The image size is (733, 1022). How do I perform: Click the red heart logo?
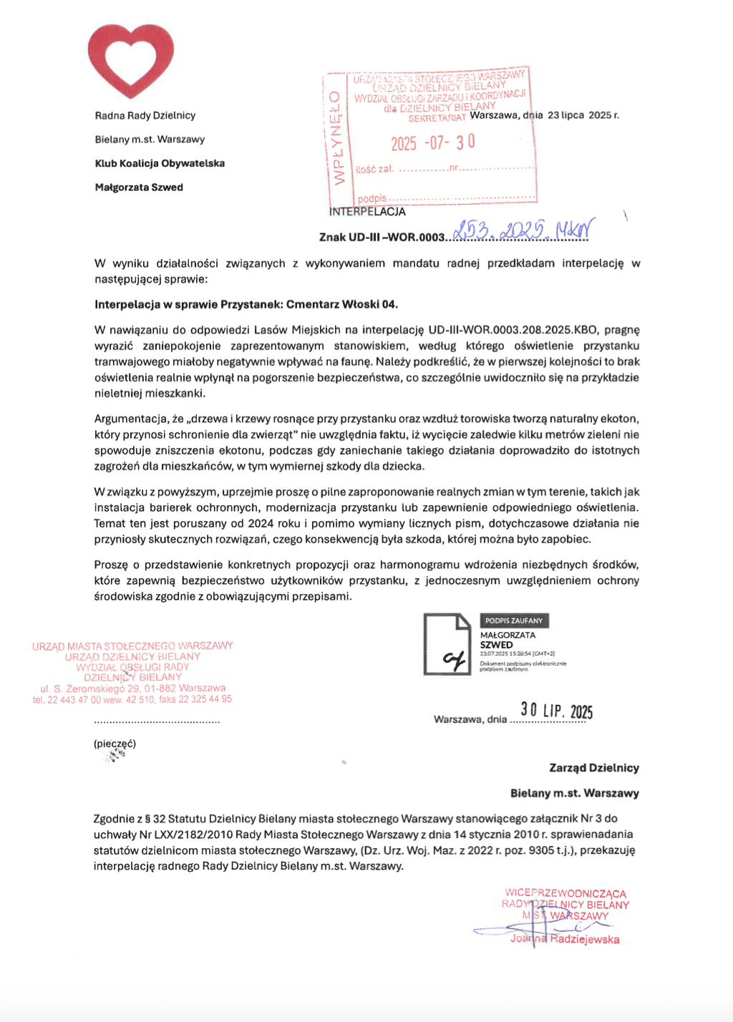coord(131,61)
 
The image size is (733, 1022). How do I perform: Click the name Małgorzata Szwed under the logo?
coord(139,188)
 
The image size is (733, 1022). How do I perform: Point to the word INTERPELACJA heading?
coord(367,212)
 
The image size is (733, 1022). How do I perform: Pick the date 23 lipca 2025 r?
coord(583,115)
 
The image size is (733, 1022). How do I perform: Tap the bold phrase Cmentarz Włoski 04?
coord(342,304)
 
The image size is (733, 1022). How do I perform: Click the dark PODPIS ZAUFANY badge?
coord(514,620)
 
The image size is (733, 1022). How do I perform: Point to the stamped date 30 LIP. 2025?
coord(556,710)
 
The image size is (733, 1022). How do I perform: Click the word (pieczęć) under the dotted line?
coord(115,744)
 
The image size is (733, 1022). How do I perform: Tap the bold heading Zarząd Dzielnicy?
coord(593,768)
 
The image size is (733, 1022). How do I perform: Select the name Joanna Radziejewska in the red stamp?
coord(565,939)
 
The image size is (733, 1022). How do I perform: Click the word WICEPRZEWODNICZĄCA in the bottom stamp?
coord(565,893)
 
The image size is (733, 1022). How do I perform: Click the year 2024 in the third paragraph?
coord(261,523)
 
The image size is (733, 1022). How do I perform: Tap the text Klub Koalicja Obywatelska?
coord(160,163)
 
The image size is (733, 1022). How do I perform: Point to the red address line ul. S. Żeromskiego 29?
coord(132,688)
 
